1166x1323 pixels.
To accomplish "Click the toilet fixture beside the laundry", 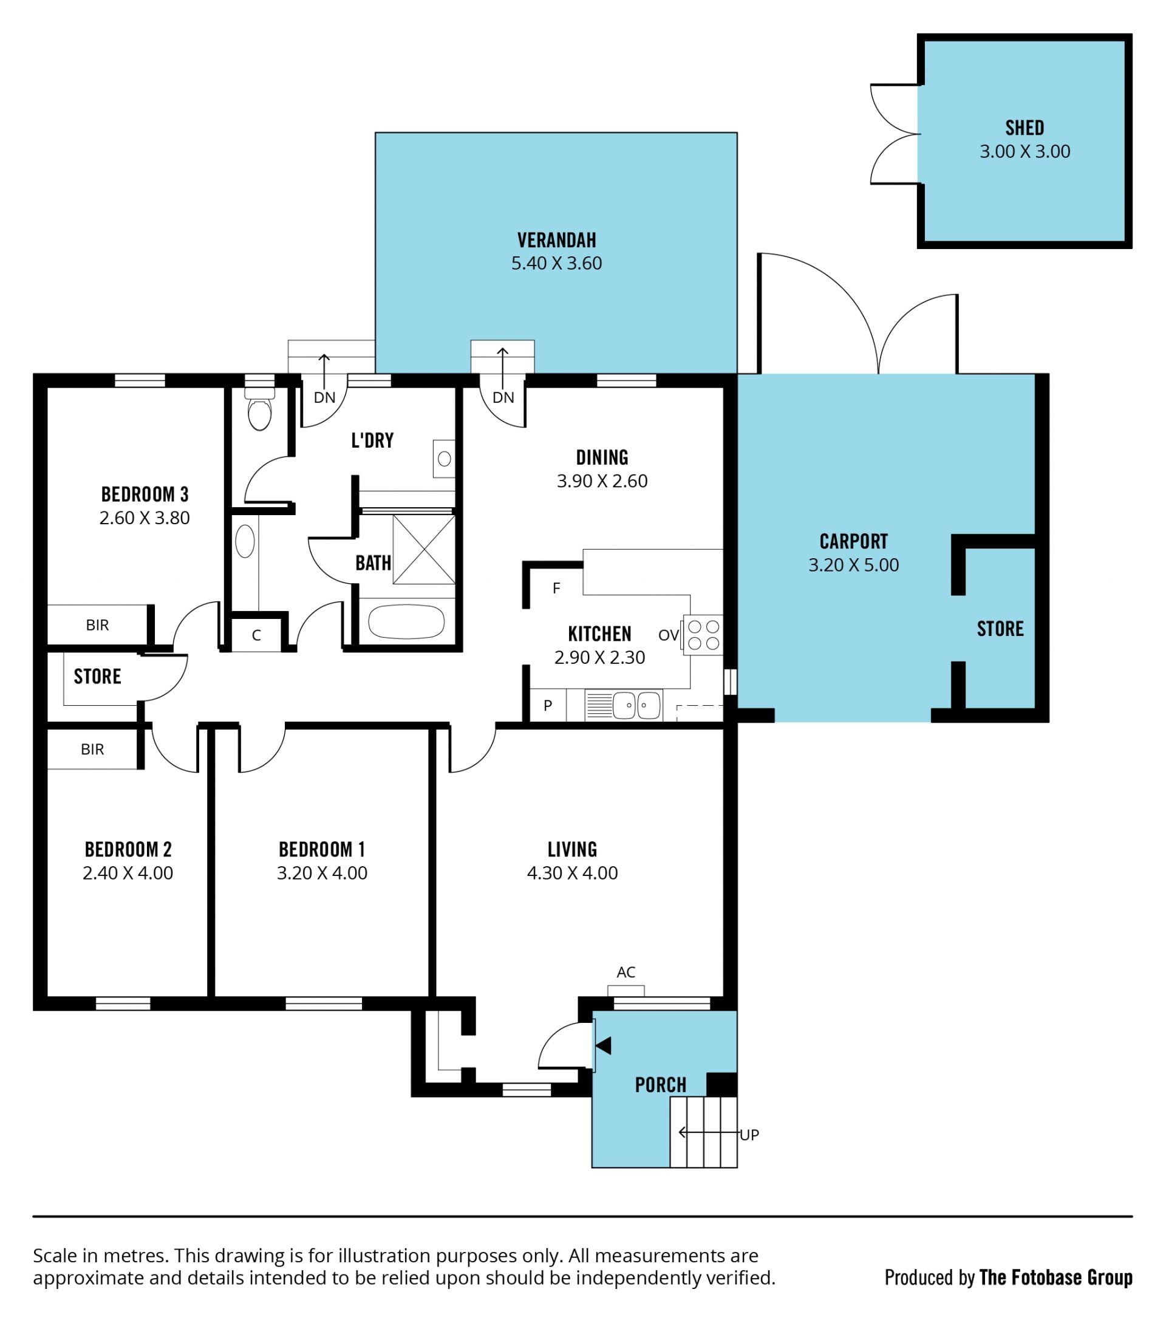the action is click(x=259, y=408).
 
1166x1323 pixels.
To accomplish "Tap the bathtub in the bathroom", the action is click(x=406, y=622).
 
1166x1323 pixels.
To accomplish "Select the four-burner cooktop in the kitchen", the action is click(x=703, y=634).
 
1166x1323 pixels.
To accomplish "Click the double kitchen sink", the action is click(x=636, y=705).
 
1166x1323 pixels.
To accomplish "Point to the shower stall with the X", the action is click(x=424, y=550).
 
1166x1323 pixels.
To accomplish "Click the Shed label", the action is click(x=1025, y=128).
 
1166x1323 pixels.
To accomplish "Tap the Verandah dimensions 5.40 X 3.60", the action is click(x=556, y=264).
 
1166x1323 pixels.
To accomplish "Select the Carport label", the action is click(x=853, y=541).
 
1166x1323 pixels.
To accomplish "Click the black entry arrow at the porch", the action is click(x=603, y=1045).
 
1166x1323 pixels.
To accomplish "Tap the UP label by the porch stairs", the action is click(x=749, y=1135).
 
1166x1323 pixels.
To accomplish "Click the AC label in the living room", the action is click(x=626, y=971).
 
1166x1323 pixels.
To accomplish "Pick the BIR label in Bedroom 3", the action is click(x=97, y=625).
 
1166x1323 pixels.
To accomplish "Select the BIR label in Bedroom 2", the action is click(x=92, y=750).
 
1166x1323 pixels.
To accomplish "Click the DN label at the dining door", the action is click(x=503, y=397).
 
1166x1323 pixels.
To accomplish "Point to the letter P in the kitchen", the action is click(x=548, y=705).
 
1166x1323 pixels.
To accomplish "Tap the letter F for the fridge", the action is click(x=556, y=589).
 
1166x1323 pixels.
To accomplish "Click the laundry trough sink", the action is click(x=444, y=459).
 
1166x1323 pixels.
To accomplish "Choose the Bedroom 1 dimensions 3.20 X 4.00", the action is click(x=322, y=873).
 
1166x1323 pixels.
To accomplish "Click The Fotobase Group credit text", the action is click(x=1056, y=1277).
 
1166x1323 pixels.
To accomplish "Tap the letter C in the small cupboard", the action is click(x=256, y=635).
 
